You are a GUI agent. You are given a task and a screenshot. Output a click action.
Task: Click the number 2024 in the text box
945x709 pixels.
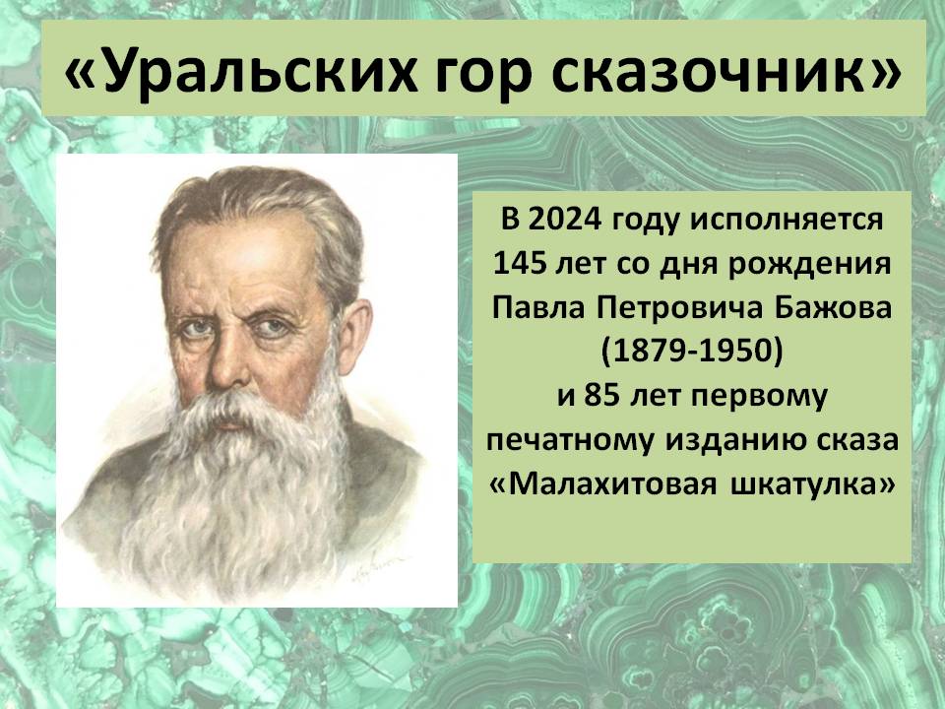[x=565, y=219]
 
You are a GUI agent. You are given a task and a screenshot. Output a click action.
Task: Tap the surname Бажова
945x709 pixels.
[x=833, y=308]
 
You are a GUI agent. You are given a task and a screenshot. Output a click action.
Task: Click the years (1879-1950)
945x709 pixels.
[x=692, y=353]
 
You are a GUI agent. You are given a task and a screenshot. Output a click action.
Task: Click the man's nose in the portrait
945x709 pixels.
[x=227, y=361]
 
